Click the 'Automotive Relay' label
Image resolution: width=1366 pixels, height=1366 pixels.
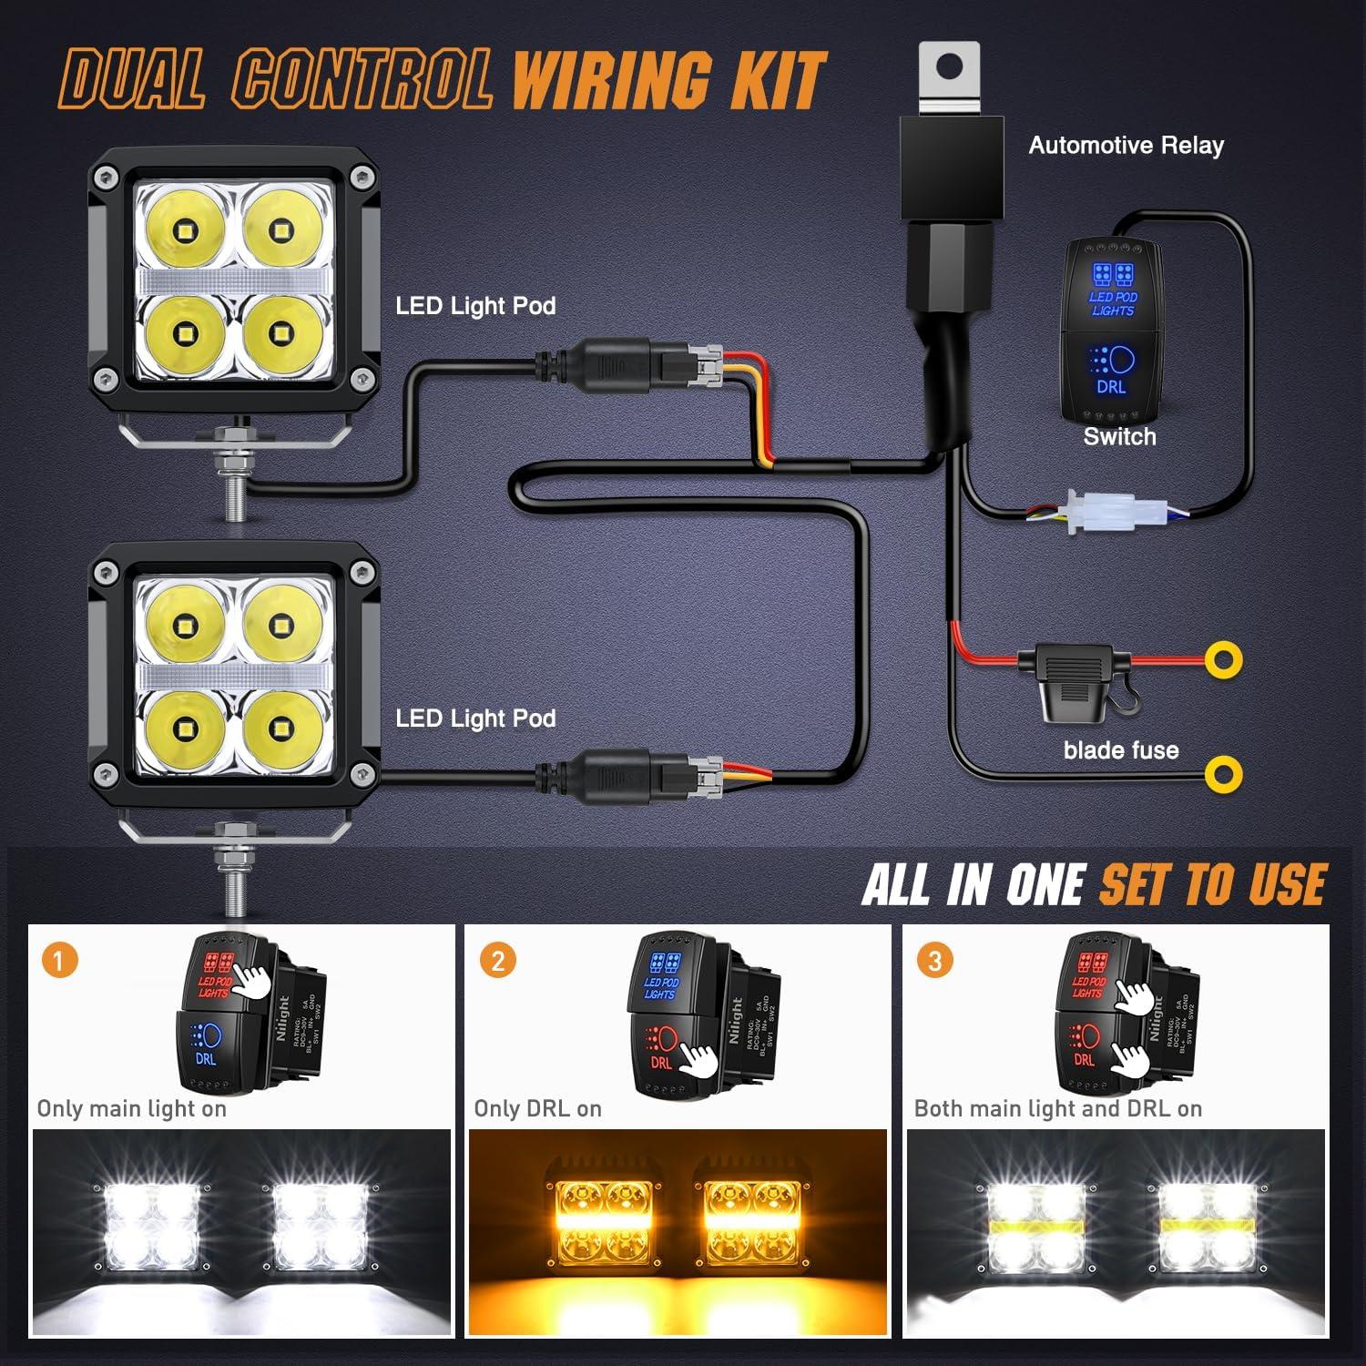click(1126, 146)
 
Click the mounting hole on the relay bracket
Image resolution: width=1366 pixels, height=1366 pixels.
click(950, 66)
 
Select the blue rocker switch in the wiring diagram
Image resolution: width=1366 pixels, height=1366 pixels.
click(1112, 330)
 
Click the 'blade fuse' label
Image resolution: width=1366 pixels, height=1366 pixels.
click(1120, 750)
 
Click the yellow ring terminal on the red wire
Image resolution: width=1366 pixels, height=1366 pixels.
click(1223, 659)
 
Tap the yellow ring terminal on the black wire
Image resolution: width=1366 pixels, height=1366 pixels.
click(1222, 774)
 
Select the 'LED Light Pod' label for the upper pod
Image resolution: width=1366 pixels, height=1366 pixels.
click(475, 306)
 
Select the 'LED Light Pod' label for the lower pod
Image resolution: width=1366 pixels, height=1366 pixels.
click(475, 719)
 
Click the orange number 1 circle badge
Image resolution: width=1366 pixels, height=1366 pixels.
click(60, 961)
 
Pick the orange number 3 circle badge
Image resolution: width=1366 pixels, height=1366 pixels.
click(934, 961)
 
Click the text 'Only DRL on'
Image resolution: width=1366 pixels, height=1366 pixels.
click(537, 1108)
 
